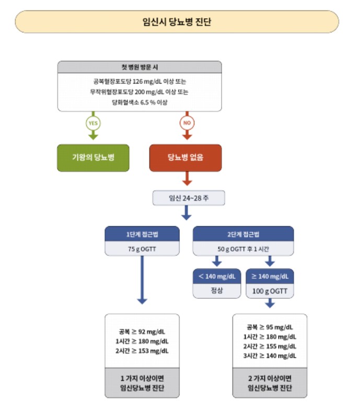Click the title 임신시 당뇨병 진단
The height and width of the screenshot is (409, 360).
pyautogui.click(x=177, y=22)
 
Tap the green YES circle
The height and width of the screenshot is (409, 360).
pyautogui.click(x=93, y=123)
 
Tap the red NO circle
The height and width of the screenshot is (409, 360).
pyautogui.click(x=187, y=123)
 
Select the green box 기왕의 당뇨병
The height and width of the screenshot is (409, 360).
pyautogui.click(x=93, y=158)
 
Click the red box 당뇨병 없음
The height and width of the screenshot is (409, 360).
pyautogui.click(x=185, y=158)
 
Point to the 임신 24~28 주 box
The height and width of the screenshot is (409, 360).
pyautogui.click(x=188, y=198)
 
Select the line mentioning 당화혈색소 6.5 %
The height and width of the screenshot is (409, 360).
pyautogui.click(x=140, y=102)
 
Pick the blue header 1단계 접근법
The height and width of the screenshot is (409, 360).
pyautogui.click(x=142, y=233)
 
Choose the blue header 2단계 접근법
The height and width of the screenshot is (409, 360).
pyautogui.click(x=243, y=233)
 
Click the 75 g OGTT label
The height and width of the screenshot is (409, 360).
pyautogui.click(x=142, y=249)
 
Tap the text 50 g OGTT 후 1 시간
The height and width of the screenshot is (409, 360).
pyautogui.click(x=243, y=249)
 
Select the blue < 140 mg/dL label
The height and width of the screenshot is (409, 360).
pyautogui.click(x=217, y=276)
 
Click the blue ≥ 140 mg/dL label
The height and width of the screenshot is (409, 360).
pyautogui.click(x=270, y=276)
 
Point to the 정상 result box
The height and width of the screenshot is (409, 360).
pyautogui.click(x=217, y=290)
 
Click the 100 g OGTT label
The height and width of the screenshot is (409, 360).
pyautogui.click(x=270, y=290)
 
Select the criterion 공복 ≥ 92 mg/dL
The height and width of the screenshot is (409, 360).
pyautogui.click(x=142, y=332)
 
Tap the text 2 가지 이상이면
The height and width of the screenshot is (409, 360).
pyautogui.click(x=270, y=378)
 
